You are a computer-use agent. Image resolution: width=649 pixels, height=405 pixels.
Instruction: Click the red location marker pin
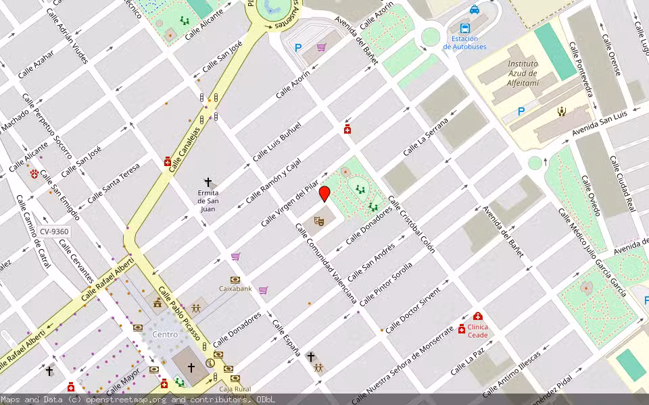(x=324, y=194)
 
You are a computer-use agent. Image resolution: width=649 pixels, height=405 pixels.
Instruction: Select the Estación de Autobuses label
(x=464, y=43)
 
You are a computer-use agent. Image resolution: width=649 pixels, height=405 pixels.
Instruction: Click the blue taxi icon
(x=475, y=9)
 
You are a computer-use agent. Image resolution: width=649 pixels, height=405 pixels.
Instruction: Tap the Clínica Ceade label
(x=477, y=331)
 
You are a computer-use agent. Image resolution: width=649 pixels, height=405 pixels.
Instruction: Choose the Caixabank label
(x=235, y=288)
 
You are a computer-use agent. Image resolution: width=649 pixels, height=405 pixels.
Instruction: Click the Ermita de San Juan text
(x=208, y=200)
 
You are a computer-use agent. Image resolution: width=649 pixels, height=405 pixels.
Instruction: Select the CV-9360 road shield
(x=54, y=232)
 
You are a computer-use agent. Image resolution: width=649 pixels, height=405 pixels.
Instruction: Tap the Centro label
(x=165, y=334)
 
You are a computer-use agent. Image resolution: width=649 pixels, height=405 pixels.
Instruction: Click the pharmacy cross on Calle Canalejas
(x=168, y=161)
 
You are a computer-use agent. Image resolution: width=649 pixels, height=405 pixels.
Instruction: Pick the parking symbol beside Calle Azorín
(x=298, y=48)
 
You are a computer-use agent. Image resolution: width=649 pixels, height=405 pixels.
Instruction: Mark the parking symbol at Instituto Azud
(x=521, y=111)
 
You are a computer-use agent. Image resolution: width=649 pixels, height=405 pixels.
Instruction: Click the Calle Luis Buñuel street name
(x=277, y=142)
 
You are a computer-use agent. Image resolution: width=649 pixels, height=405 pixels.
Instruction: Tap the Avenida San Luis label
(x=600, y=122)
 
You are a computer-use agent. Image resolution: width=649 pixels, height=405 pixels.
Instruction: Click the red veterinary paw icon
(x=34, y=174)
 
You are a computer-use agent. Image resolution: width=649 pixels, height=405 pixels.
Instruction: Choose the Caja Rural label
(x=235, y=389)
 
